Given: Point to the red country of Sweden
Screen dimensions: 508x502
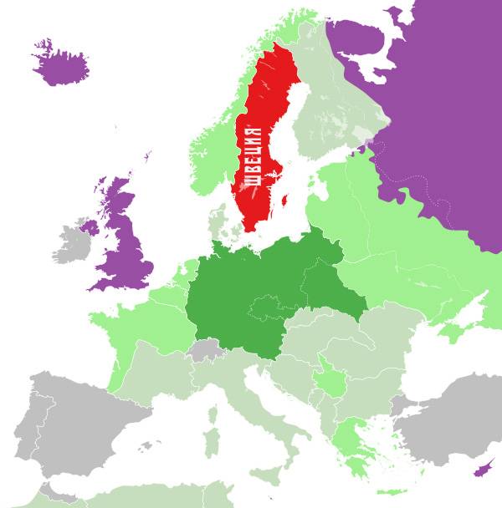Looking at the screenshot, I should pos(268,100).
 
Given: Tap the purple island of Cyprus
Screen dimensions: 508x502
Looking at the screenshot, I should pos(483,470).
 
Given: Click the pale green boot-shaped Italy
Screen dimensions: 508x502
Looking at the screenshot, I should pos(251,418).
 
